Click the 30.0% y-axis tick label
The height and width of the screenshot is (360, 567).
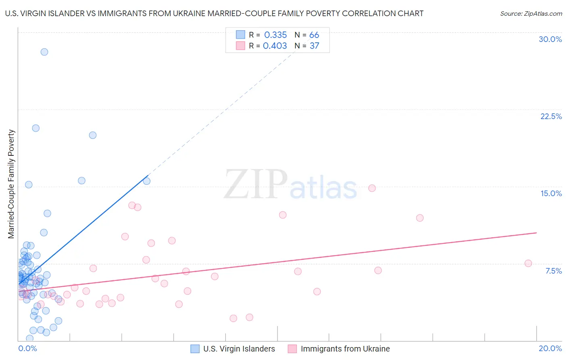[x=550, y=39]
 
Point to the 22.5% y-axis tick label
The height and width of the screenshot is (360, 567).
[x=551, y=116]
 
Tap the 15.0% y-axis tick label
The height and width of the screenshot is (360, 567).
[x=551, y=193]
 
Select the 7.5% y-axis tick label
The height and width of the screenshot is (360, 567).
[x=553, y=271]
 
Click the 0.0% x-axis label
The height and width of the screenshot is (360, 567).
[x=27, y=348]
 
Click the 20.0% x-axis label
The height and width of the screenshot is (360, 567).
[x=550, y=348]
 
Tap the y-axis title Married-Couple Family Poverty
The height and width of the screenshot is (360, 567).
[x=11, y=184]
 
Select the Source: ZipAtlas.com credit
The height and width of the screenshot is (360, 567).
[x=531, y=13]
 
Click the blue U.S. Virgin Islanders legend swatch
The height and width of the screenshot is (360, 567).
[x=195, y=349]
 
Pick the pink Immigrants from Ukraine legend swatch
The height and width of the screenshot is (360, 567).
[x=292, y=349]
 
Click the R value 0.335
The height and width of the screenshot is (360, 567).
[x=275, y=35]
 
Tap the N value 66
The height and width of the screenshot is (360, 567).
[x=314, y=35]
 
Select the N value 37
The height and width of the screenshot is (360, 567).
[x=314, y=46]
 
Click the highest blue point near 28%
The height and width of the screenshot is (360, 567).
[x=44, y=52]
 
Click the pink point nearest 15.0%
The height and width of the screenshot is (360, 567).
[x=372, y=188]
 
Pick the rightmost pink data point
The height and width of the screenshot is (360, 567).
[x=528, y=263]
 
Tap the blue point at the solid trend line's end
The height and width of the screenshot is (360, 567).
[x=147, y=181]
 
